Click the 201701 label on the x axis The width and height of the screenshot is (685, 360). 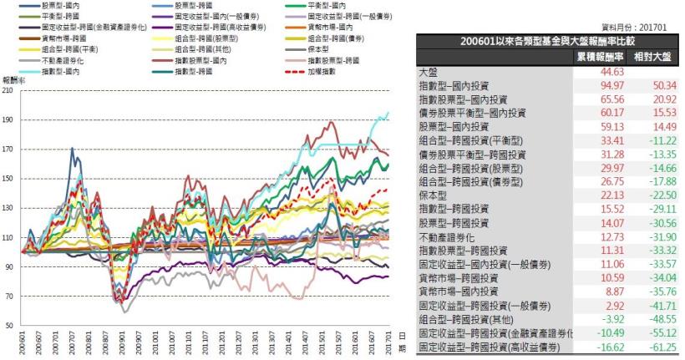tap(390, 343)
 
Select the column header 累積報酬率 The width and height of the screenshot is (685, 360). tap(599, 57)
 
